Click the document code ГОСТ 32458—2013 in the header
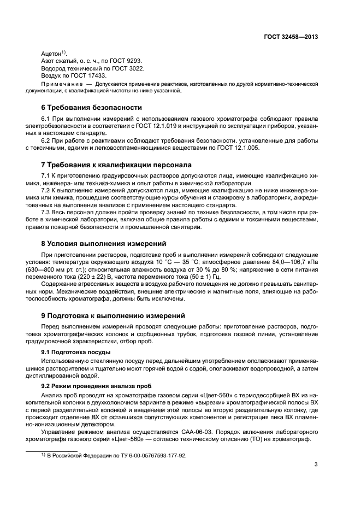tap(289, 37)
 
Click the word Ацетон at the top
tap(52, 54)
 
